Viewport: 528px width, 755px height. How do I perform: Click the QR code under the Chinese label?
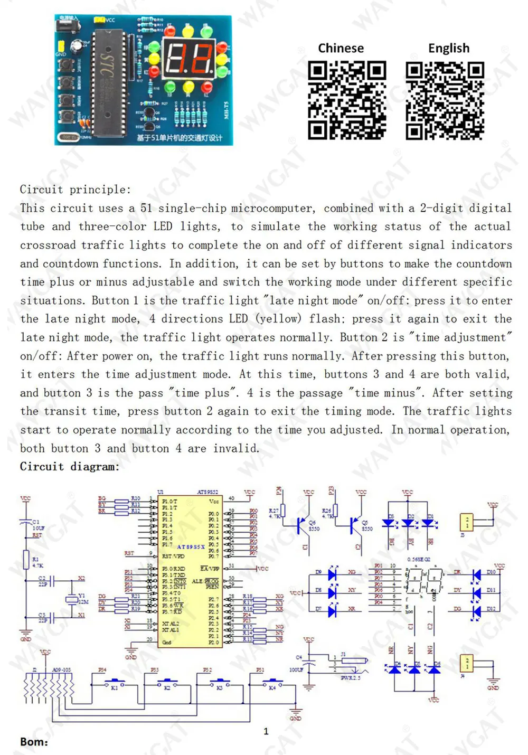click(347, 100)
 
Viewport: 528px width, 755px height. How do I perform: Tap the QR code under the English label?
click(445, 100)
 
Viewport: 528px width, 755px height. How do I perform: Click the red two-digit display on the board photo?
click(188, 59)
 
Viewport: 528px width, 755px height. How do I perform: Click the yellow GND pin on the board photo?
click(61, 46)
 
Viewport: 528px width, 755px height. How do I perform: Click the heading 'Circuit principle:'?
click(75, 190)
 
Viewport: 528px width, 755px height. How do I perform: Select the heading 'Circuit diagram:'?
click(70, 467)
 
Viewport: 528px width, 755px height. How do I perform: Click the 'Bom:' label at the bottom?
click(34, 742)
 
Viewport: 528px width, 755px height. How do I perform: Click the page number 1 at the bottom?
click(266, 731)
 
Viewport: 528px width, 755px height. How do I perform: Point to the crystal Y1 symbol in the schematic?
click(71, 599)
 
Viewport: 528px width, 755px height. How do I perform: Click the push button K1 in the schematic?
click(114, 682)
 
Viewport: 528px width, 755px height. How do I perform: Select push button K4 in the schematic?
click(272, 682)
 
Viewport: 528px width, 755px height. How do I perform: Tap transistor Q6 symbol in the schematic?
click(301, 525)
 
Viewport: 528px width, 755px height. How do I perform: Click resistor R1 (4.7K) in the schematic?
click(26, 560)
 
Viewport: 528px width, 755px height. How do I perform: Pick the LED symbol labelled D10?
click(476, 574)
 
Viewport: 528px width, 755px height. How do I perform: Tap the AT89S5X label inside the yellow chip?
click(191, 547)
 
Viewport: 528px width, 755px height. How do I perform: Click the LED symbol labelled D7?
click(332, 611)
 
